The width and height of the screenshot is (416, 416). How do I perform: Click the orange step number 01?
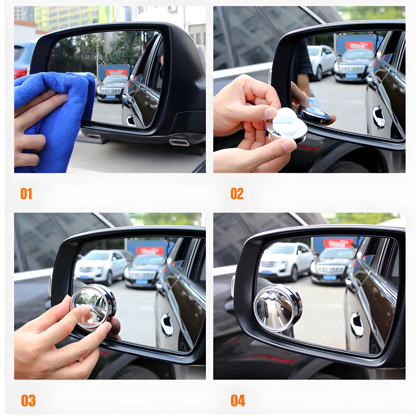(x=26, y=194)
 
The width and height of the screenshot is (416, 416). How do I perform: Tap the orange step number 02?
(x=237, y=194)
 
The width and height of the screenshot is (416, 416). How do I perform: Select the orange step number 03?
(x=28, y=401)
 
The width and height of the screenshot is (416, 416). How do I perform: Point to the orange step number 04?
(x=238, y=401)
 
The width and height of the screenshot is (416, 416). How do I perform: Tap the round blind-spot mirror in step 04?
(x=277, y=308)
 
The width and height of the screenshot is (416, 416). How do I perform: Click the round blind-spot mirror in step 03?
(x=93, y=306)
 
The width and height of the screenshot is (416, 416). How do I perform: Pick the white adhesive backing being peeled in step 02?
(x=286, y=122)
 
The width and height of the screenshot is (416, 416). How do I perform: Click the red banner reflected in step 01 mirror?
(x=116, y=72)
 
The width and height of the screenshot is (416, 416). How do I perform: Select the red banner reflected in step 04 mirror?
(x=338, y=243)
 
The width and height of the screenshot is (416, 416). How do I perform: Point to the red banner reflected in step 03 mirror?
(x=150, y=250)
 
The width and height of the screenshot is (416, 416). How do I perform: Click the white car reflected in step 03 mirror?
(x=101, y=266)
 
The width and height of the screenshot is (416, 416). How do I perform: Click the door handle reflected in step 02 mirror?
(x=379, y=117)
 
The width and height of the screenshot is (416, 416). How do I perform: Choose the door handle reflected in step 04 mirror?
(x=357, y=324)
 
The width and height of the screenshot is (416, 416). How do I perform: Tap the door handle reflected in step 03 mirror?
(x=167, y=324)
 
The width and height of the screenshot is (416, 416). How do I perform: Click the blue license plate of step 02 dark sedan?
(x=352, y=76)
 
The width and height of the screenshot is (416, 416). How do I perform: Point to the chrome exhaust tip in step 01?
(x=179, y=143)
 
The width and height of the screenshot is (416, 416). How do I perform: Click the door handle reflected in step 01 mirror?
(x=131, y=121)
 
